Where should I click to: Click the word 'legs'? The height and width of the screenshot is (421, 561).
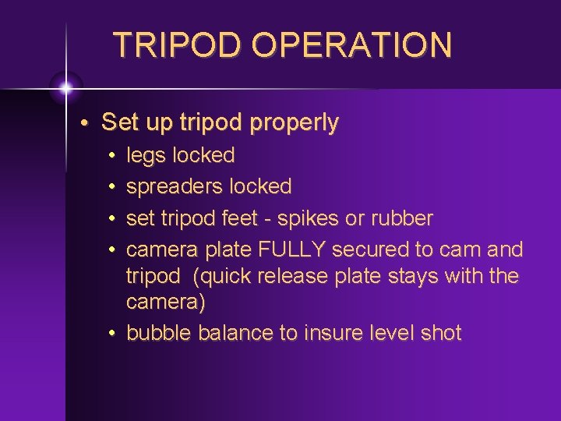(146, 156)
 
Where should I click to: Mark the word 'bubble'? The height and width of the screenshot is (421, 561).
(159, 333)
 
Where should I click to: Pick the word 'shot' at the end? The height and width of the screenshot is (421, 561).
(443, 333)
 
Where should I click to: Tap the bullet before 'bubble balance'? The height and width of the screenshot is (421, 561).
(112, 334)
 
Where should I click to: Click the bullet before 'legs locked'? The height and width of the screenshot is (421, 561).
(112, 156)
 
